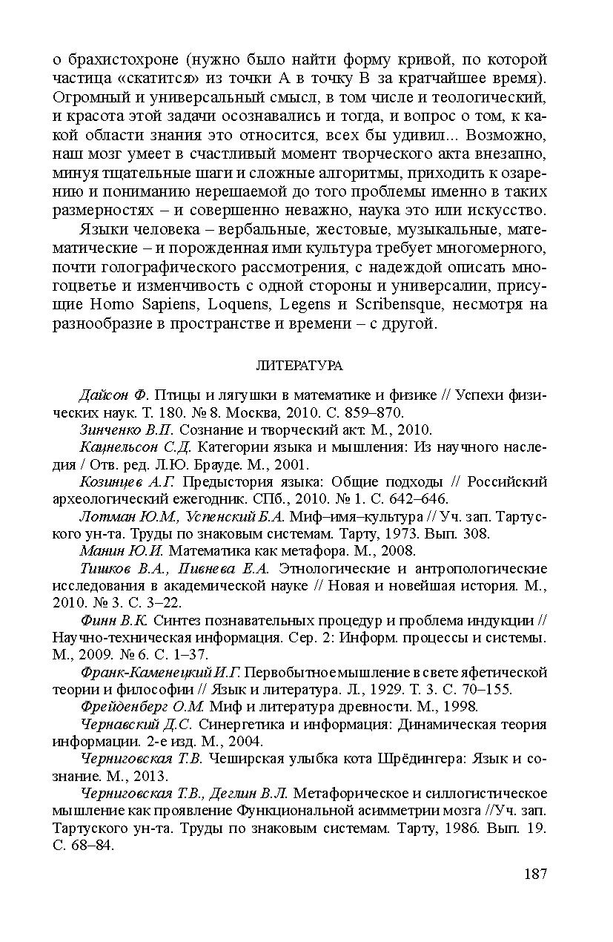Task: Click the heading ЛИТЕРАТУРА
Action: (x=299, y=366)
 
